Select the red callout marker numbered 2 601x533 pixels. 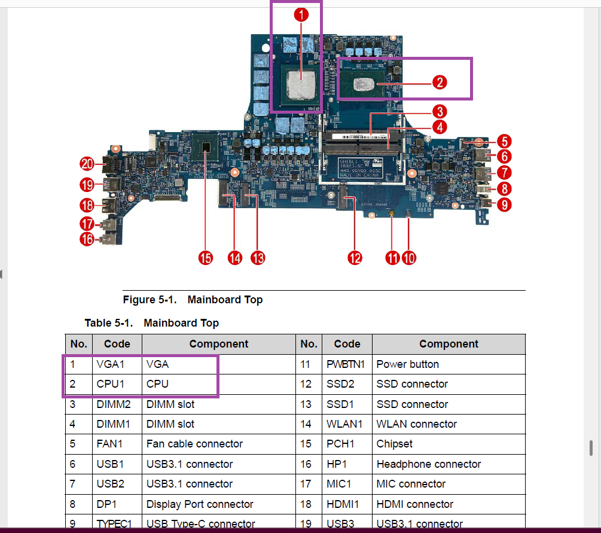click(x=440, y=82)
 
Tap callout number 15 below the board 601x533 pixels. click(x=206, y=258)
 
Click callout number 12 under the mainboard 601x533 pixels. click(x=355, y=258)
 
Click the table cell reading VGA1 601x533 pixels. click(x=110, y=364)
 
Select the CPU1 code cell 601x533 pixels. click(x=110, y=384)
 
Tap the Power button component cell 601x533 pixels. click(x=408, y=364)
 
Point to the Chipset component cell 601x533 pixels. click(x=395, y=444)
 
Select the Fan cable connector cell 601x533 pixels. click(x=194, y=444)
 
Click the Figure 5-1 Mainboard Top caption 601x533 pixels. click(x=193, y=300)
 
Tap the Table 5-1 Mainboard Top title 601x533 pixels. click(x=151, y=323)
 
